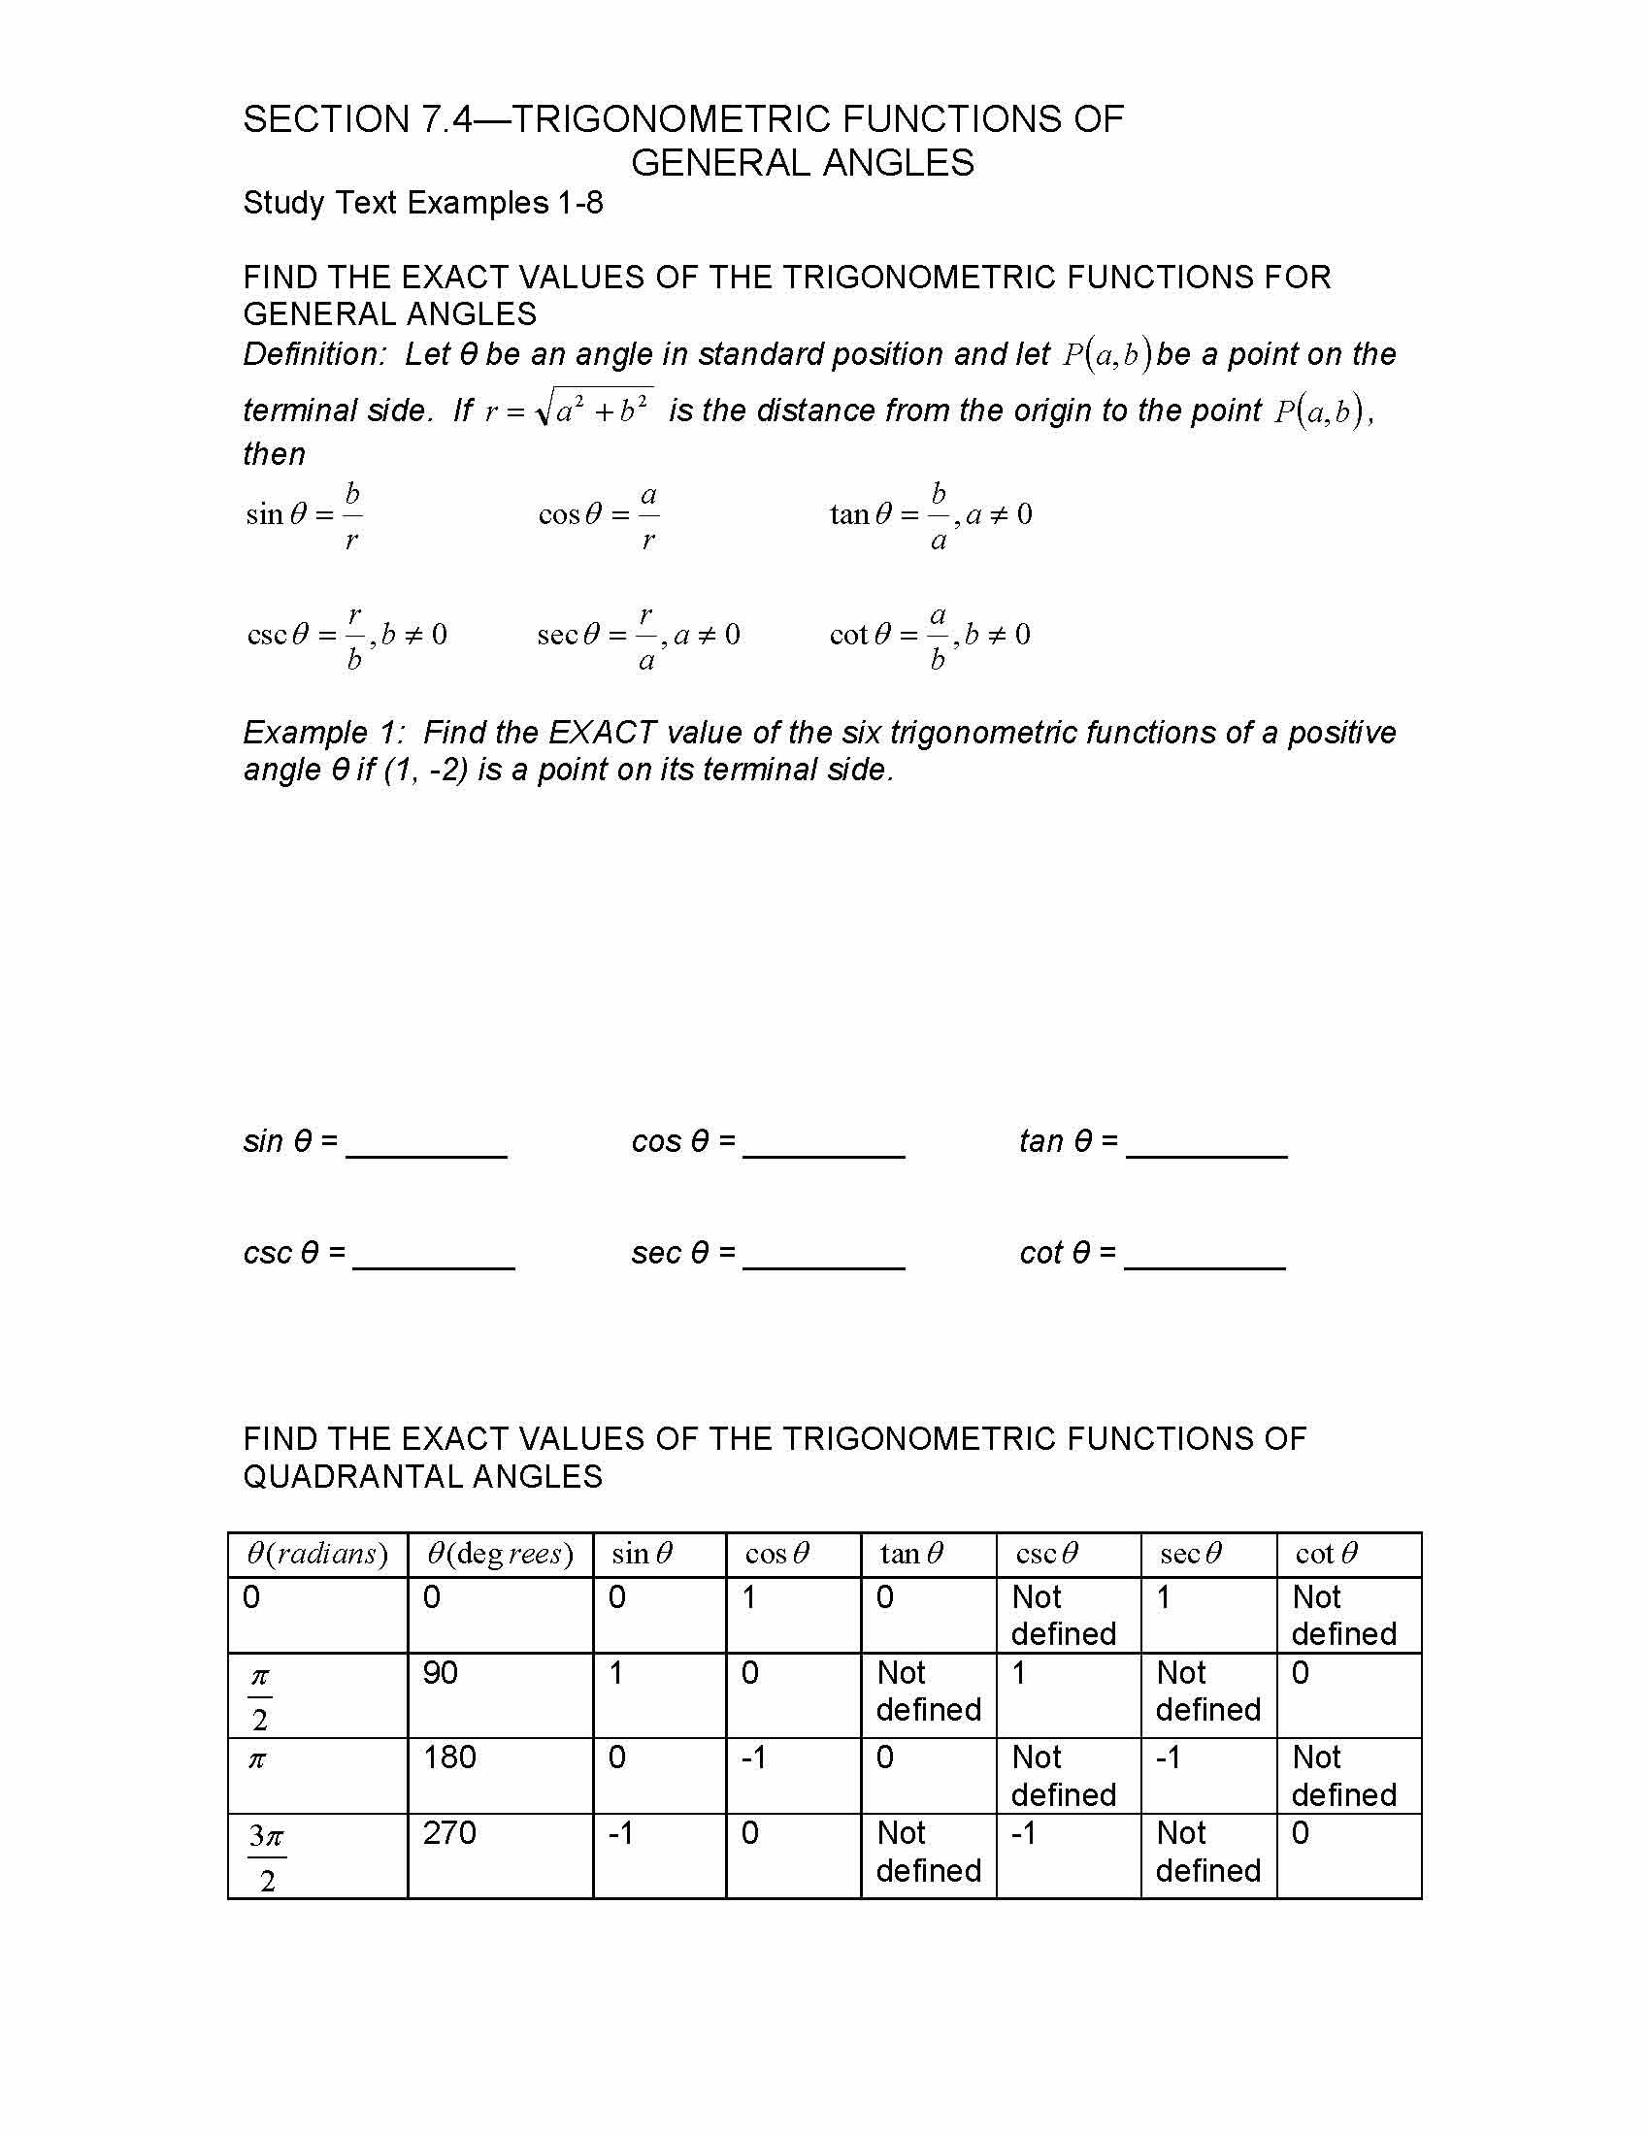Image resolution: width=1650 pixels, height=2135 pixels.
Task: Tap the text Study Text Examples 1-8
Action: point(422,204)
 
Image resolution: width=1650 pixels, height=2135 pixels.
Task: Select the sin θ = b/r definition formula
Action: point(304,514)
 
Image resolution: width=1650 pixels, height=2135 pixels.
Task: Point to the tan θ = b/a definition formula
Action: point(930,514)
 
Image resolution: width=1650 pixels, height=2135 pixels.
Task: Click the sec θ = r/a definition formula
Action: point(638,636)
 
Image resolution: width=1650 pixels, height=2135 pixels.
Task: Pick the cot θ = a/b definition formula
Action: point(929,636)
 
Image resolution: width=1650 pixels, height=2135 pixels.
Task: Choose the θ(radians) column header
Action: point(316,1555)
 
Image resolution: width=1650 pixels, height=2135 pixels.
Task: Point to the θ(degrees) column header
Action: point(500,1555)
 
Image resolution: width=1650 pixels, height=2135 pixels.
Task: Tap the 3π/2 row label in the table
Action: point(266,1856)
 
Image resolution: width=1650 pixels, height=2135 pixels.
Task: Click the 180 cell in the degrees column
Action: point(448,1757)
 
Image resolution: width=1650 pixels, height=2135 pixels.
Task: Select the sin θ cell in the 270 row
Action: point(622,1833)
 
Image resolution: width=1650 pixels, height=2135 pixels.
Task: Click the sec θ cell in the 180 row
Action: point(1170,1757)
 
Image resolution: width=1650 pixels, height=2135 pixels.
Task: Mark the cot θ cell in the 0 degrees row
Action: point(1343,1615)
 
